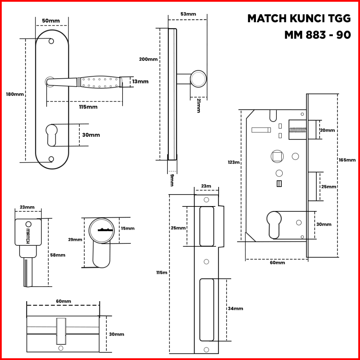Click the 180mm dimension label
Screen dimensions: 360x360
tap(15, 94)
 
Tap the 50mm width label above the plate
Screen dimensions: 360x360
tap(51, 21)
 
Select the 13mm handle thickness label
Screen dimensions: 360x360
tap(140, 81)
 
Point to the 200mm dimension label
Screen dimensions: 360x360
tap(148, 59)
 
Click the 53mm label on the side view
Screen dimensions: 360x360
tap(188, 14)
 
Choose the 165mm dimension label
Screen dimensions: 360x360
tap(347, 160)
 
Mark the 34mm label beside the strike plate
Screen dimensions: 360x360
tap(235, 308)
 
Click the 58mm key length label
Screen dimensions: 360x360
tap(58, 255)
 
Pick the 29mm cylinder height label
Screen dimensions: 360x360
tap(75, 240)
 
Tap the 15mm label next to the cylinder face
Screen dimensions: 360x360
tap(127, 228)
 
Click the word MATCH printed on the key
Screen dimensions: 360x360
tap(28, 235)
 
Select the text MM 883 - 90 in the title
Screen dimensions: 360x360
tap(317, 35)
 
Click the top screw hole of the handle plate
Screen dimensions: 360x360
tap(51, 41)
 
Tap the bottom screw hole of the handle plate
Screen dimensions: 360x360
tap(51, 159)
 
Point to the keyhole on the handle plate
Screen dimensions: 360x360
tap(51, 134)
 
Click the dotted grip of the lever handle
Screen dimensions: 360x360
tap(100, 82)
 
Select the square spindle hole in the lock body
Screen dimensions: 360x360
tap(277, 156)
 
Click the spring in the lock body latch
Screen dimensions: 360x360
tap(298, 130)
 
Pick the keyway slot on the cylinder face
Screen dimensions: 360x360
tap(105, 230)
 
